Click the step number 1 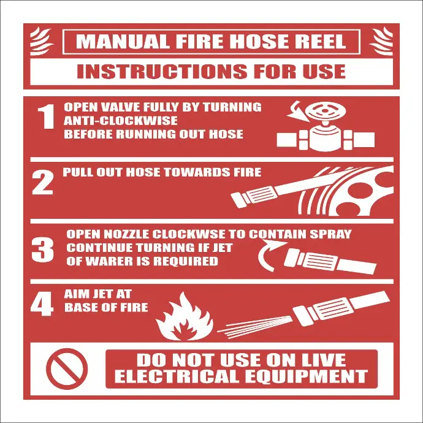click(x=46, y=118)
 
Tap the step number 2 click(x=43, y=183)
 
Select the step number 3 click(x=43, y=248)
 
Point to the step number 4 click(x=42, y=305)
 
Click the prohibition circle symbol click(x=67, y=368)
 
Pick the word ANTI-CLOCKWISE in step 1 click(x=121, y=121)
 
